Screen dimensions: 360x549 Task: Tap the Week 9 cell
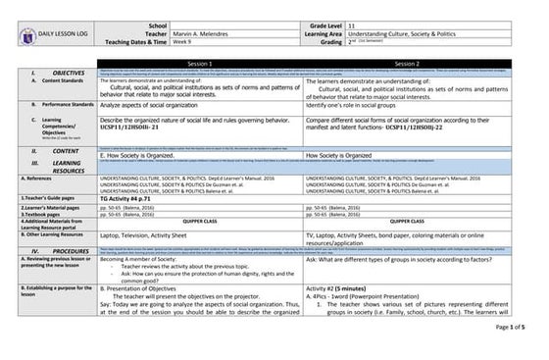181,43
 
